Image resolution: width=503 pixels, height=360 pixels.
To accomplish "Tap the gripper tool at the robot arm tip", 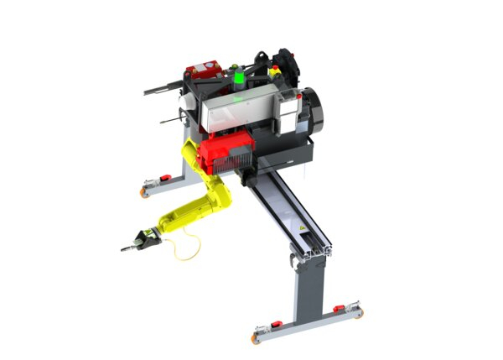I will [x=137, y=242].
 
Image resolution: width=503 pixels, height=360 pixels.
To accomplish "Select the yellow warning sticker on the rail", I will [x=298, y=228].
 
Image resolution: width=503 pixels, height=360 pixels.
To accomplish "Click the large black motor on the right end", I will [x=311, y=107].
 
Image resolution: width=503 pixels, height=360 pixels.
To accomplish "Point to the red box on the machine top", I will [x=202, y=68].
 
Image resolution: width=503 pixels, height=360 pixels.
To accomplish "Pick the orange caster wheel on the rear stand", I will [x=145, y=192].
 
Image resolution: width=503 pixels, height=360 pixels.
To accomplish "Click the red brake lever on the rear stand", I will [x=165, y=178].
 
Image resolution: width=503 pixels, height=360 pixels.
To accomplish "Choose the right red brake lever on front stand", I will [x=339, y=308].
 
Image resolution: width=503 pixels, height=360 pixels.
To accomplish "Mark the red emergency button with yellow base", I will [x=277, y=75].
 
